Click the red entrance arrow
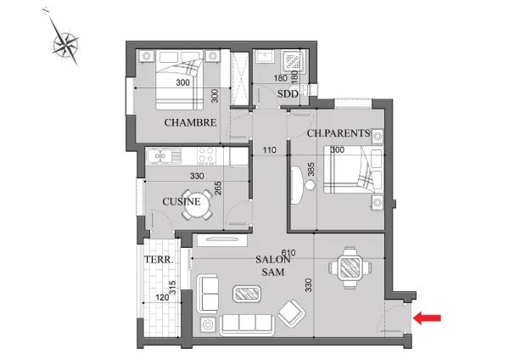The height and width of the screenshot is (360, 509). coord(427,318)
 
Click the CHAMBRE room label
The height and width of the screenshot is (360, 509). coord(190,123)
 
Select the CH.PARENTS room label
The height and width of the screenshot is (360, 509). coord(338,133)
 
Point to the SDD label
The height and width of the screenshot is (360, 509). coord(288,94)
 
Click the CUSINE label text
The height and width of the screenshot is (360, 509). coord(182,201)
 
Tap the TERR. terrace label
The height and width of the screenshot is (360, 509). coord(159,260)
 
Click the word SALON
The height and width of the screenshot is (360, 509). coord(273,260)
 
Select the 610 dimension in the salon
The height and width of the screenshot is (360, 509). coord(288,252)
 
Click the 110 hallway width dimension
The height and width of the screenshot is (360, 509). coord(270,150)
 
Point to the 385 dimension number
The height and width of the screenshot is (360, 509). coord(311,169)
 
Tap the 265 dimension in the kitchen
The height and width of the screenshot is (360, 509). coord(218,188)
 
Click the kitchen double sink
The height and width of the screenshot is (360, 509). coord(164,156)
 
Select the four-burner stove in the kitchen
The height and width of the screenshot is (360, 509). coord(206,155)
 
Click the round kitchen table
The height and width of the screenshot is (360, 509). coord(196,205)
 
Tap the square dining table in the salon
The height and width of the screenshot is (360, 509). coord(350,268)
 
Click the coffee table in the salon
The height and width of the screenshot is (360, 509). coord(248,294)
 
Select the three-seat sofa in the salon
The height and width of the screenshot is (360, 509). coord(247,325)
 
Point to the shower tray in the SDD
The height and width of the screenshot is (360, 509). coord(294,61)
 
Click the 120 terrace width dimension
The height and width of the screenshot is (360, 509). coord(162,298)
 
